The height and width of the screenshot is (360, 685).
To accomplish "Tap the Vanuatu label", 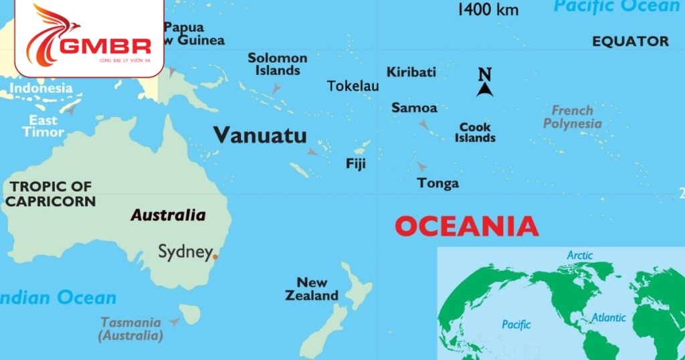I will (x=260, y=136).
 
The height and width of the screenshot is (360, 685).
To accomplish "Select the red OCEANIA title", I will (x=466, y=227).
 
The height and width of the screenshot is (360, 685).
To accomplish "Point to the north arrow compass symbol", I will (x=485, y=83).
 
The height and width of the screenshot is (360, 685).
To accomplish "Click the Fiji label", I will (x=356, y=163).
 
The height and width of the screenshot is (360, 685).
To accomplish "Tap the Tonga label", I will (x=438, y=183).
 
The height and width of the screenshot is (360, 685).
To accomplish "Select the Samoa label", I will (x=414, y=108).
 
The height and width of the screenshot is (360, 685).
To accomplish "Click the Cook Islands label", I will (x=476, y=132).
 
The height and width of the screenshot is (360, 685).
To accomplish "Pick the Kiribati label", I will (x=411, y=72).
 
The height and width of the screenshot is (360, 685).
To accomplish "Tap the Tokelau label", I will (x=353, y=86).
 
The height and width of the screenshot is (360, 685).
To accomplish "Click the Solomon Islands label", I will (x=278, y=64).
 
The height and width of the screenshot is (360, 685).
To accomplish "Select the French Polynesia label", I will (x=572, y=117).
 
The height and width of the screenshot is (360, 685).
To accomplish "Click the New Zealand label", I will (x=312, y=288).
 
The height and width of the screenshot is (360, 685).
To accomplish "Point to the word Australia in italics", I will (x=168, y=215).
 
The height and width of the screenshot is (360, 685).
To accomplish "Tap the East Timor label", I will (x=43, y=126).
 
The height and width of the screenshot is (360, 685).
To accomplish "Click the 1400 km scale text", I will (x=488, y=9).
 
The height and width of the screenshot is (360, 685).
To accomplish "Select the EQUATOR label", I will (x=630, y=41).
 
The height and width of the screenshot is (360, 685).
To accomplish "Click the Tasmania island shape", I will (x=191, y=312).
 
